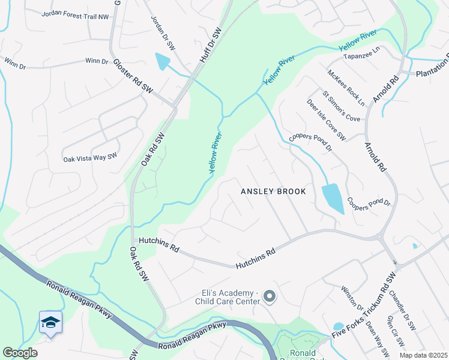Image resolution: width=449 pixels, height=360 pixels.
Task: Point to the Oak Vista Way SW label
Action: [x=90, y=157]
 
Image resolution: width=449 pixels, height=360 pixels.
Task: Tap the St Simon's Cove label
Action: [x=341, y=106]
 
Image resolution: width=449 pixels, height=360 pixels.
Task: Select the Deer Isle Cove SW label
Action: [x=326, y=120]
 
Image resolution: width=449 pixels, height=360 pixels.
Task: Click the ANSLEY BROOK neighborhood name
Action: [x=273, y=191]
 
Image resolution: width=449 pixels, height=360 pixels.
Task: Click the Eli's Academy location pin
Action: [x=270, y=296]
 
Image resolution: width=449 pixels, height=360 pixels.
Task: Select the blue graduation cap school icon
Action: [x=51, y=323]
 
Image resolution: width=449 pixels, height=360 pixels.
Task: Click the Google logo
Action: [x=20, y=353]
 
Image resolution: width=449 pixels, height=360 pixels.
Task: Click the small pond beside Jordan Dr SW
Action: [x=163, y=61]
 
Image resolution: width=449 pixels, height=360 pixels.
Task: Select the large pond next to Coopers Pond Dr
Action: [x=333, y=198]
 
